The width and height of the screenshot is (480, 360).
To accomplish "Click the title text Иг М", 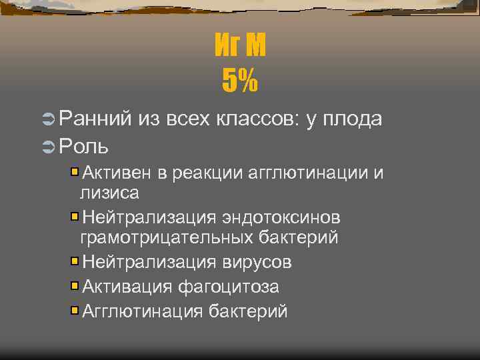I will (x=240, y=47).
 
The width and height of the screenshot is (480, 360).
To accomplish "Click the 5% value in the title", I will (x=240, y=82).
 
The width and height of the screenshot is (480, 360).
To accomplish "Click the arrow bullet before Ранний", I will (x=47, y=119).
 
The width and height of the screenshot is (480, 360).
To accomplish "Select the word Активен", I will (x=117, y=174).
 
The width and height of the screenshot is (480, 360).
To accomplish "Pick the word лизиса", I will (x=109, y=193).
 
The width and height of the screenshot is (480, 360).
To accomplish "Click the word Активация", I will (x=127, y=287).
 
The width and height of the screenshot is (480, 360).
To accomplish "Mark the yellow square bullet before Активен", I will (x=75, y=173).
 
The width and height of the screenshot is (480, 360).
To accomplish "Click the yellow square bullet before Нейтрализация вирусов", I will (x=75, y=261).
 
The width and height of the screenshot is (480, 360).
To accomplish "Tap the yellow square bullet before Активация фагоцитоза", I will (x=75, y=286).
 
